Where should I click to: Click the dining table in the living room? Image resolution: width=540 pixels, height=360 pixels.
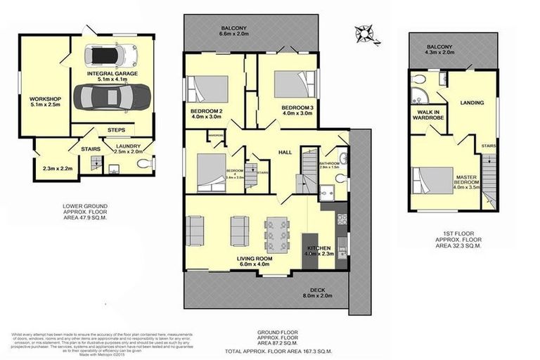[x=276, y=233]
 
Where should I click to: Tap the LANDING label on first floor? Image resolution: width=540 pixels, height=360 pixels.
[x=471, y=103]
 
